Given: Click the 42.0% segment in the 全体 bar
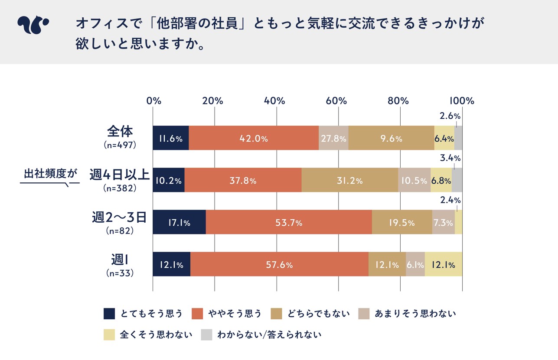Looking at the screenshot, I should [x=254, y=139].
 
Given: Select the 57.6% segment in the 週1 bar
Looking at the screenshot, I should [x=279, y=264].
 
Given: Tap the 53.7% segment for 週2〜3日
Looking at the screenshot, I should [x=289, y=223].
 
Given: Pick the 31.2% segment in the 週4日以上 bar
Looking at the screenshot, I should [x=349, y=181].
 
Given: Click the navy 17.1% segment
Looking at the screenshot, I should [x=179, y=223].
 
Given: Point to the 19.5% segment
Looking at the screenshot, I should [x=402, y=223].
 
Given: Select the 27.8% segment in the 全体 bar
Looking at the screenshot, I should [x=333, y=139].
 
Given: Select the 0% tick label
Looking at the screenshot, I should [x=154, y=101].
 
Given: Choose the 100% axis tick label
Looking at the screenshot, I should [x=462, y=101].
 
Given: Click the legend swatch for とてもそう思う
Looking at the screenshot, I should [x=109, y=314].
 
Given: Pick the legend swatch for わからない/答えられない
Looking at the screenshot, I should [x=207, y=335].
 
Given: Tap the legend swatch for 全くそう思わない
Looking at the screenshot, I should [x=109, y=335].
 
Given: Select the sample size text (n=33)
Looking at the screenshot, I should [x=120, y=274].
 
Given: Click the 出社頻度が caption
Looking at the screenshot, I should [x=50, y=174].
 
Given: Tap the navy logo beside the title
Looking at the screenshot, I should [x=33, y=25].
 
